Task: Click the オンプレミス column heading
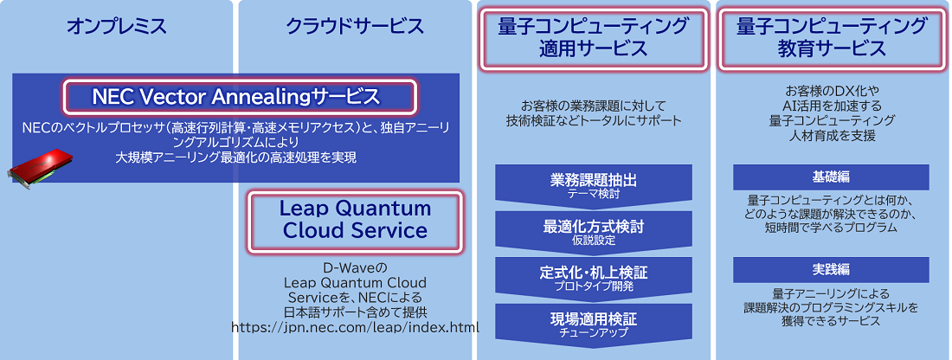[x=116, y=27]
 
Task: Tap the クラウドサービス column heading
[x=355, y=27]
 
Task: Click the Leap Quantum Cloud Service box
[x=355, y=220]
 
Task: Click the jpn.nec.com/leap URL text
[x=355, y=327]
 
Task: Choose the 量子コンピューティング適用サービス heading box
[x=593, y=36]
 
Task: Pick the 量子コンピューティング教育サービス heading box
[x=832, y=36]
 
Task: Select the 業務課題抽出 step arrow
[x=594, y=184]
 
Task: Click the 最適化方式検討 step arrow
[x=594, y=231]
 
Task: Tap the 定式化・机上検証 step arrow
[x=594, y=278]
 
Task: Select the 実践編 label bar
[x=831, y=269]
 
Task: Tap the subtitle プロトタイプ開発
[x=594, y=286]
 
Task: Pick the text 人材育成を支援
[x=833, y=136]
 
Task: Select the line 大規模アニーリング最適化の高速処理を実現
[x=236, y=157]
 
